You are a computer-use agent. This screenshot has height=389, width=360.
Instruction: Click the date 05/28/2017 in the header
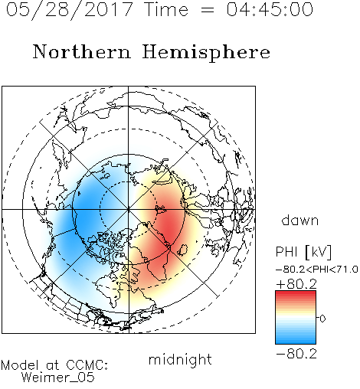tap(69, 10)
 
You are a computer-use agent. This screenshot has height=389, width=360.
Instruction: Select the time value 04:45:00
tap(270, 10)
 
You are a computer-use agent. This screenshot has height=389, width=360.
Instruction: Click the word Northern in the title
tap(82, 52)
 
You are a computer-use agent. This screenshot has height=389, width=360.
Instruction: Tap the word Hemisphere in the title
tap(206, 53)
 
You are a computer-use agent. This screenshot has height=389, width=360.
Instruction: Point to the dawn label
tap(300, 221)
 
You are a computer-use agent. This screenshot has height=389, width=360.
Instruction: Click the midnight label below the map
tap(180, 360)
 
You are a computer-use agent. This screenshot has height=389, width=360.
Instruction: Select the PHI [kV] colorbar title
tap(303, 252)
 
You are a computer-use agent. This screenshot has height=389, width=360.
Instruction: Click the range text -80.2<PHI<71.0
tap(317, 270)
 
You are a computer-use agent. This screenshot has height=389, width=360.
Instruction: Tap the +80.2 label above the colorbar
tap(296, 284)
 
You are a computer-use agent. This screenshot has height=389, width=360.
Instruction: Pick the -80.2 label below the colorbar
tap(296, 354)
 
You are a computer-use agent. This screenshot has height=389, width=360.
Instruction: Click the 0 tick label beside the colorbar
tap(322, 319)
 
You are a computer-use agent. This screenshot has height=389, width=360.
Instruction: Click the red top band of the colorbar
tap(296, 294)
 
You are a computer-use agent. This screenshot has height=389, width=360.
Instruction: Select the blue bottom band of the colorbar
tap(296, 340)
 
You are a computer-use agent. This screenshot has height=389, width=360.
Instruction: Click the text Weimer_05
tap(58, 378)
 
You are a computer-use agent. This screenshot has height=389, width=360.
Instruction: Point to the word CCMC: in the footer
tap(87, 365)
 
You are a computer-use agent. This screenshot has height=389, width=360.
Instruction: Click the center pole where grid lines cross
tap(128, 209)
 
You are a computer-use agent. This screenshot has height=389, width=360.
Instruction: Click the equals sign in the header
tap(207, 10)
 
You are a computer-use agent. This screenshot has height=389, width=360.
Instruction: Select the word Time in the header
tap(166, 10)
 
